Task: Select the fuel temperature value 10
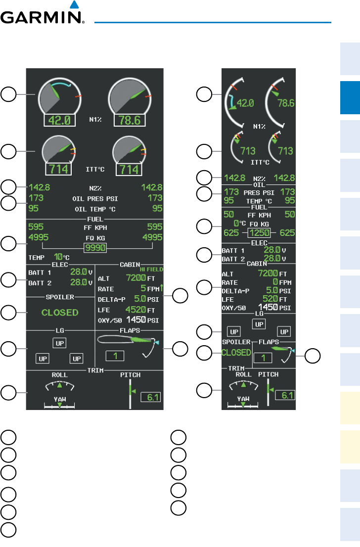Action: [58, 257]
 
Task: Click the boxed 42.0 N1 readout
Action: [59, 120]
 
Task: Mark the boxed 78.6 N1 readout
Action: [131, 120]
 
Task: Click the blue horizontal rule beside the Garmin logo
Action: [213, 22]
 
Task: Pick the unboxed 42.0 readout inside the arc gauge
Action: [245, 103]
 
